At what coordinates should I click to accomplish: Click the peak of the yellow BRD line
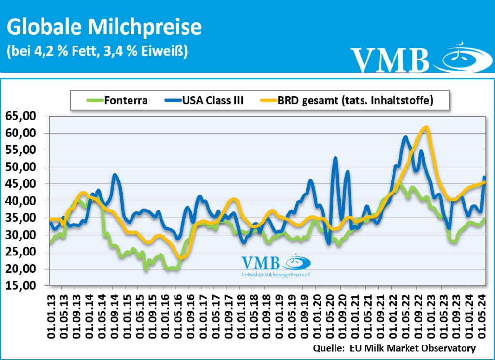(x=426, y=127)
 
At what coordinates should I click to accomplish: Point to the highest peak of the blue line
(x=406, y=137)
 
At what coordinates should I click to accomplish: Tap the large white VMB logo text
(x=390, y=60)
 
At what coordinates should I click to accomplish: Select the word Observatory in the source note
(x=450, y=348)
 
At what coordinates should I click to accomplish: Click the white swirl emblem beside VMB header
(x=462, y=57)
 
